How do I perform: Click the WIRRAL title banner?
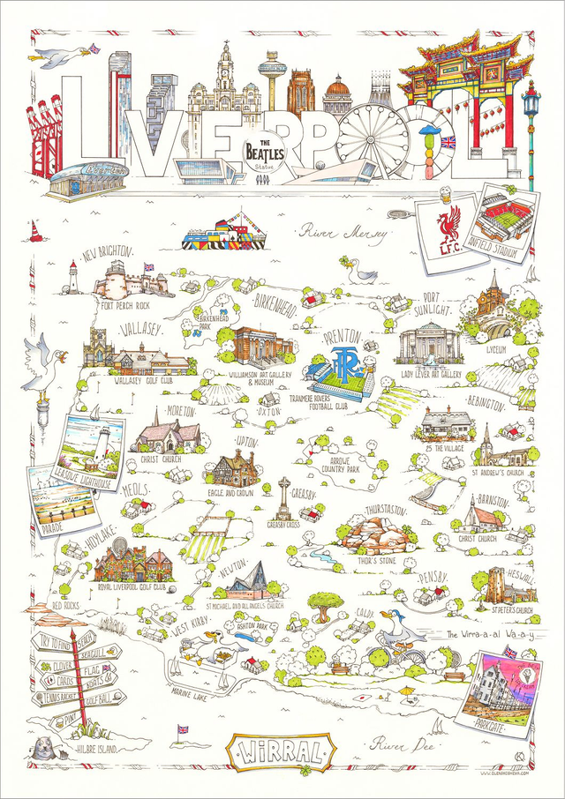pos(280,755)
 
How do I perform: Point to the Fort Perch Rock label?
pos(131,305)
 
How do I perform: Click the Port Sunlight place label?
pos(442,303)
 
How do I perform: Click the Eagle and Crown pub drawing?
pos(232,470)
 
